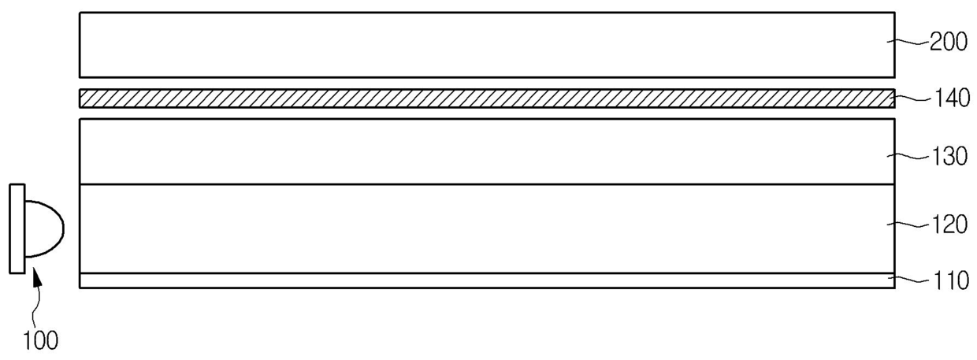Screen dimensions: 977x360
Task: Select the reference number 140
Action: (x=951, y=98)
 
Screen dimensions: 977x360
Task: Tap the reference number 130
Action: (x=949, y=156)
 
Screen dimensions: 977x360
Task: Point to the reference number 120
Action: (x=949, y=225)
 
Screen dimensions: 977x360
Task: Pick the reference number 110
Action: (x=951, y=280)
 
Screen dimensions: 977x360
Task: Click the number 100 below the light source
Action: (x=40, y=340)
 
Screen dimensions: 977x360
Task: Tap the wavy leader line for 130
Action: (x=909, y=156)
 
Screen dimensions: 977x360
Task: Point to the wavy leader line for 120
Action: (x=909, y=225)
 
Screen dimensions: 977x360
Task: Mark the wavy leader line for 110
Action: (x=910, y=280)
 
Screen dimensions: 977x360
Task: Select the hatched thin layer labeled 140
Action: (x=487, y=98)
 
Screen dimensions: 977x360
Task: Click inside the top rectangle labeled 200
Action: (x=487, y=45)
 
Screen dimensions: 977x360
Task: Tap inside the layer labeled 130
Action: (x=487, y=152)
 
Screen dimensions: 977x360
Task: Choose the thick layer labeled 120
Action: (x=487, y=228)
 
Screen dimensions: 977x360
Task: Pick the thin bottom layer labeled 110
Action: (x=487, y=280)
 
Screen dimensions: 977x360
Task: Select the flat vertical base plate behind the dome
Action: (x=17, y=228)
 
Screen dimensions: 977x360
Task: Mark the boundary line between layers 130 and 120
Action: (x=487, y=184)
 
